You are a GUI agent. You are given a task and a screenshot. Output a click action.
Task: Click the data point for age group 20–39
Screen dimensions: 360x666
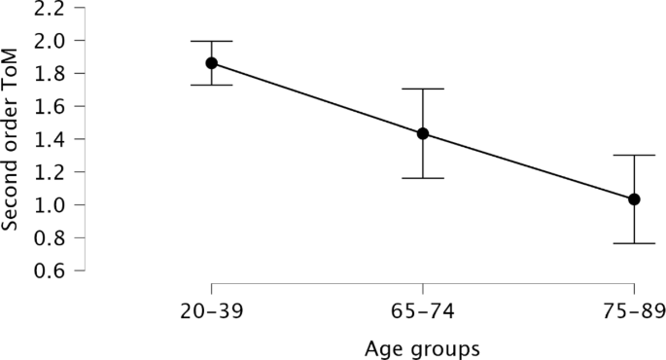[211, 63]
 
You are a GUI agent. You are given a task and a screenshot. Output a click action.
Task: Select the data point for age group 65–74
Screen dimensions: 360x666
[423, 133]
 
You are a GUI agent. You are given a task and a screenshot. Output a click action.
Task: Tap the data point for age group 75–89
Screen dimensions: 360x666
[634, 199]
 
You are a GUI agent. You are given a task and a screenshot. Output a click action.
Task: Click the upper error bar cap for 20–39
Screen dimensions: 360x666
[211, 41]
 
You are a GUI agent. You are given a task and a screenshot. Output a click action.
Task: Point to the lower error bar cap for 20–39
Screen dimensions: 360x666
[211, 86]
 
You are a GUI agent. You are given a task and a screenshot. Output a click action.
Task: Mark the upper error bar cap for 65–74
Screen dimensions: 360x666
[423, 89]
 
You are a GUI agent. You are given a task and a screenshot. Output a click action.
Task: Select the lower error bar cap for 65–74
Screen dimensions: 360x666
[423, 178]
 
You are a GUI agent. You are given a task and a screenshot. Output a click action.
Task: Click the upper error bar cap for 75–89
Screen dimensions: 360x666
[634, 155]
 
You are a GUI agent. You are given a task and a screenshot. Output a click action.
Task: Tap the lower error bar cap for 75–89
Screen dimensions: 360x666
[634, 243]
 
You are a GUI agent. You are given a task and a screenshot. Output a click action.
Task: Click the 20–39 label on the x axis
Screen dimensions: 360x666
[211, 312]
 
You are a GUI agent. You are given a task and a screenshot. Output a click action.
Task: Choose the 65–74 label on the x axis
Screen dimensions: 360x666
[423, 312]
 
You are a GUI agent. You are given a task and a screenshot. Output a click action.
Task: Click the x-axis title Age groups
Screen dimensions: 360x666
[422, 346]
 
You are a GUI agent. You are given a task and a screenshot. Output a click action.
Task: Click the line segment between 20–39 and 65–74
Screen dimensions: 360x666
[317, 98]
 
